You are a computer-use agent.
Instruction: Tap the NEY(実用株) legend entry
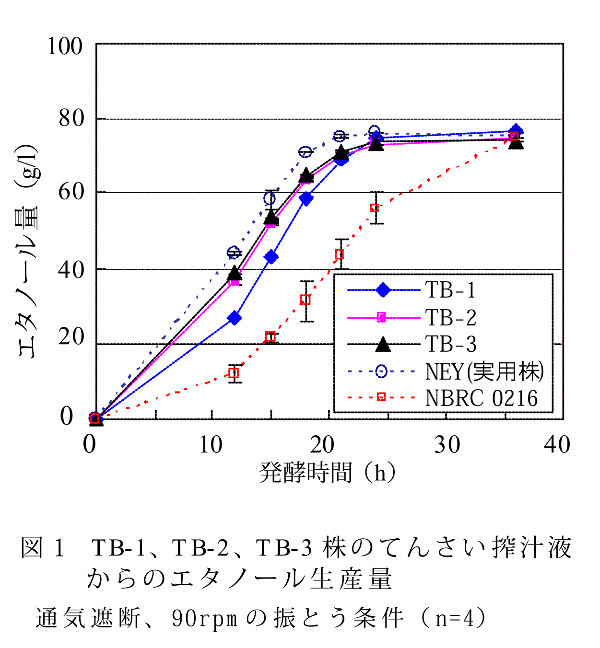pyautogui.click(x=484, y=371)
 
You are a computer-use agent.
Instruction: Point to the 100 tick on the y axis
pyautogui.click(x=65, y=46)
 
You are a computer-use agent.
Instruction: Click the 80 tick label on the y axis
pyautogui.click(x=71, y=118)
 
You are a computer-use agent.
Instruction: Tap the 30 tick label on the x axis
pyautogui.click(x=447, y=445)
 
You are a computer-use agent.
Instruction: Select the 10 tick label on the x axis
pyautogui.click(x=211, y=445)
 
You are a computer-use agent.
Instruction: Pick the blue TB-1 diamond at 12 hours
pyautogui.click(x=235, y=318)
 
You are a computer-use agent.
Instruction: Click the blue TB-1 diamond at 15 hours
pyautogui.click(x=271, y=257)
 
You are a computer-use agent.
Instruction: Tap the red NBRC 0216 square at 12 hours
pyautogui.click(x=234, y=373)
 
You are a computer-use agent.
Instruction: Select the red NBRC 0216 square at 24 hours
pyautogui.click(x=375, y=208)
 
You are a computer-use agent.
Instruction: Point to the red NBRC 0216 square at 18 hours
pyautogui.click(x=306, y=300)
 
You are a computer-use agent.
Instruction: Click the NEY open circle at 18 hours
pyautogui.click(x=305, y=152)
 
